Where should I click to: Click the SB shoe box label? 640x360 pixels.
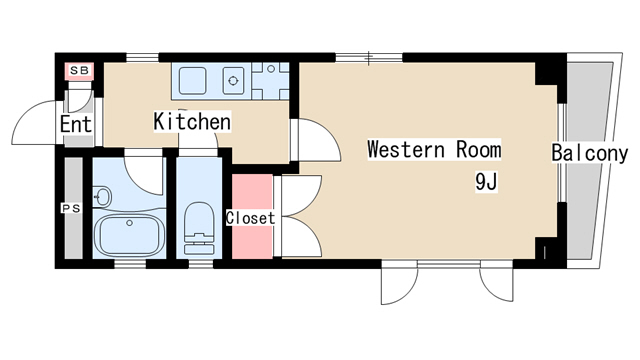(x=80, y=70)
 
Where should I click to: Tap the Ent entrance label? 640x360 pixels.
(x=76, y=124)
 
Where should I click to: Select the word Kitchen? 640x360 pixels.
(x=192, y=121)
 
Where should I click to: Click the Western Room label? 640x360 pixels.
(x=434, y=149)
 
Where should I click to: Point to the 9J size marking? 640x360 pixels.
(x=486, y=182)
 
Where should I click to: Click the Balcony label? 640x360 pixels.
(x=589, y=153)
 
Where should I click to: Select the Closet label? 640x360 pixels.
(x=251, y=218)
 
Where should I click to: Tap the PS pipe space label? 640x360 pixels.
(x=71, y=209)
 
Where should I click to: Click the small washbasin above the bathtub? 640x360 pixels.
(x=102, y=197)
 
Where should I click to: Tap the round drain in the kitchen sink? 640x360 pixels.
(x=233, y=81)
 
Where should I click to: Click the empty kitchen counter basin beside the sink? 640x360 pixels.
(x=192, y=81)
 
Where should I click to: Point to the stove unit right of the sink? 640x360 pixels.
(x=271, y=81)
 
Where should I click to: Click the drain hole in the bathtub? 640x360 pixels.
(x=129, y=223)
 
